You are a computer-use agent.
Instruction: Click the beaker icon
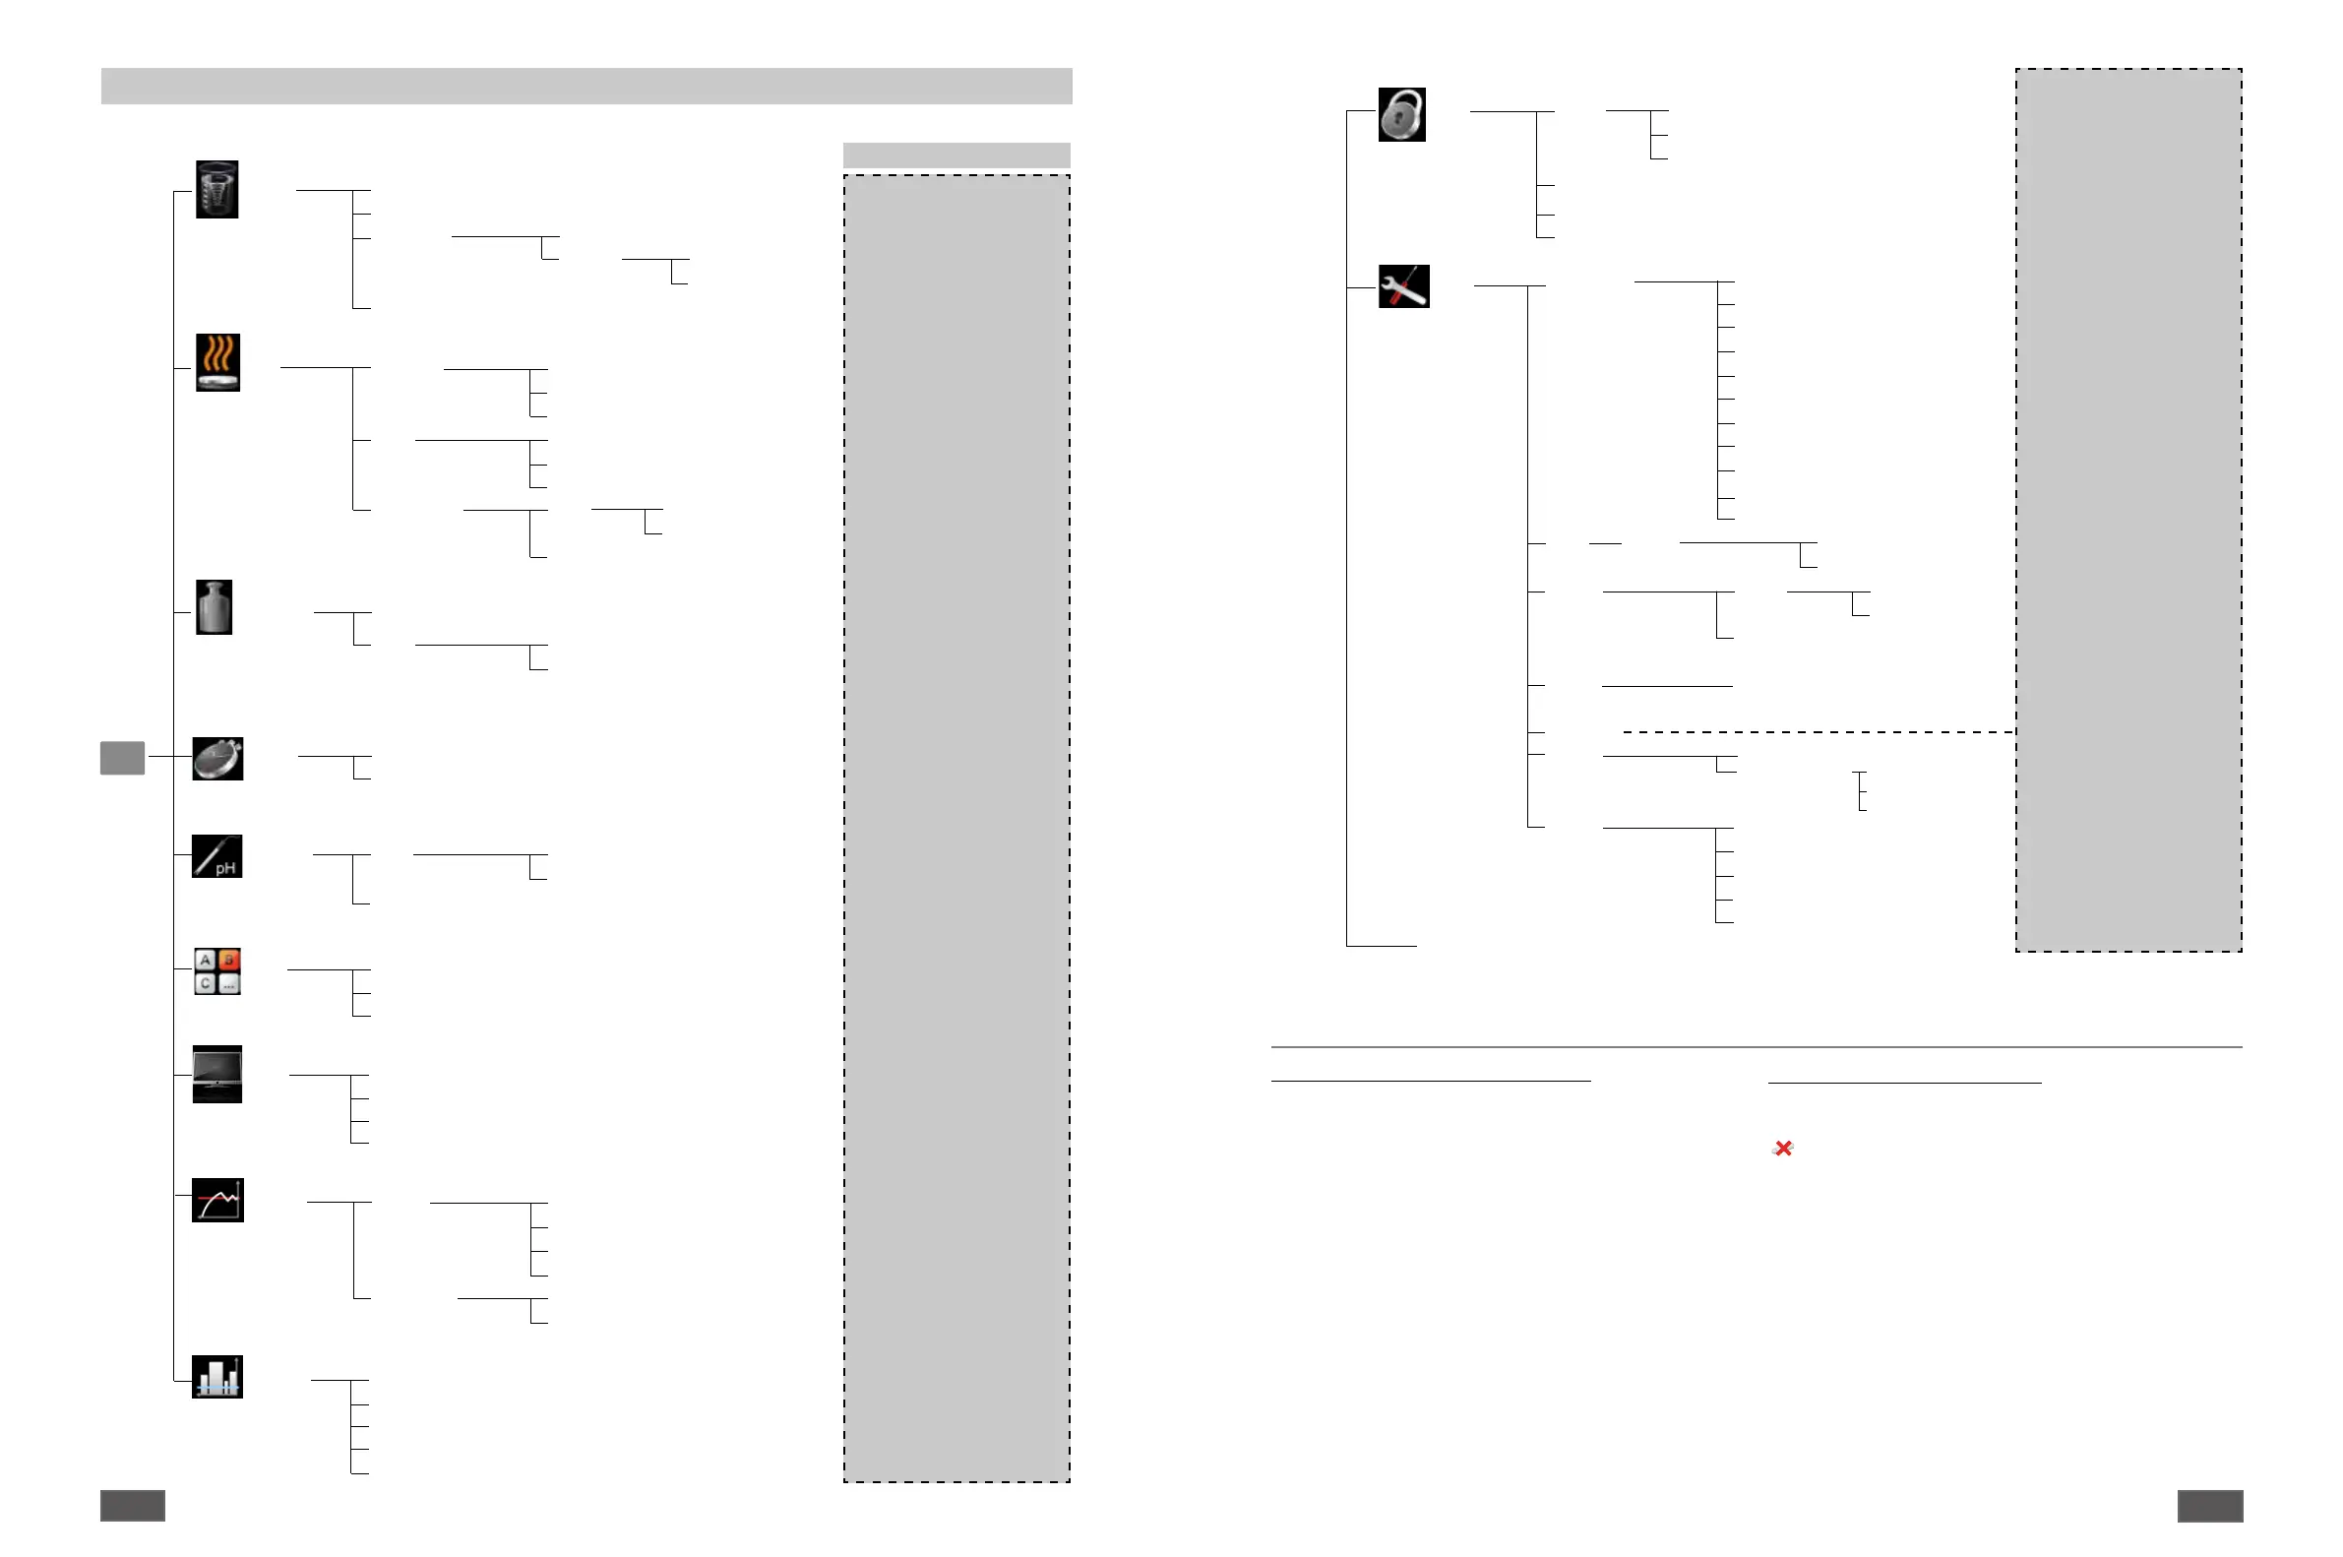coord(216,189)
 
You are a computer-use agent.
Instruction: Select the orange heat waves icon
coord(217,361)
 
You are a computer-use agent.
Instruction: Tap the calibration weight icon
coord(214,606)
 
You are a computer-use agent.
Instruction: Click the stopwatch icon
coord(217,759)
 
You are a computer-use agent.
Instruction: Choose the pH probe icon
coord(216,856)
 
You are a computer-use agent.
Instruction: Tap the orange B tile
coord(229,960)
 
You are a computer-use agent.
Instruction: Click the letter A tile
coord(205,960)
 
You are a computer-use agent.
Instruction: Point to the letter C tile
coord(205,983)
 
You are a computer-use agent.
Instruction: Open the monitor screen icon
coord(216,1073)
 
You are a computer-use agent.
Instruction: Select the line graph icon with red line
coord(216,1200)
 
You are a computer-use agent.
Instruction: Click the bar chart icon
coord(216,1376)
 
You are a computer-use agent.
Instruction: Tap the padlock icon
coord(1401,114)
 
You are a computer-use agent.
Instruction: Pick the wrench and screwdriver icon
coord(1403,286)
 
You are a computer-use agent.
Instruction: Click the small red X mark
coord(1783,1148)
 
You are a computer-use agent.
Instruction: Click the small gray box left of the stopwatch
coord(122,758)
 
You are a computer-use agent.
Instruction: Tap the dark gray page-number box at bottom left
coord(132,1506)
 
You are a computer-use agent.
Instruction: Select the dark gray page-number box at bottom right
coord(2209,1506)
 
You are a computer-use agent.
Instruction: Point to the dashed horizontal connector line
coord(1817,732)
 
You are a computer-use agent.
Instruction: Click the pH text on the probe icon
coord(226,868)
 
